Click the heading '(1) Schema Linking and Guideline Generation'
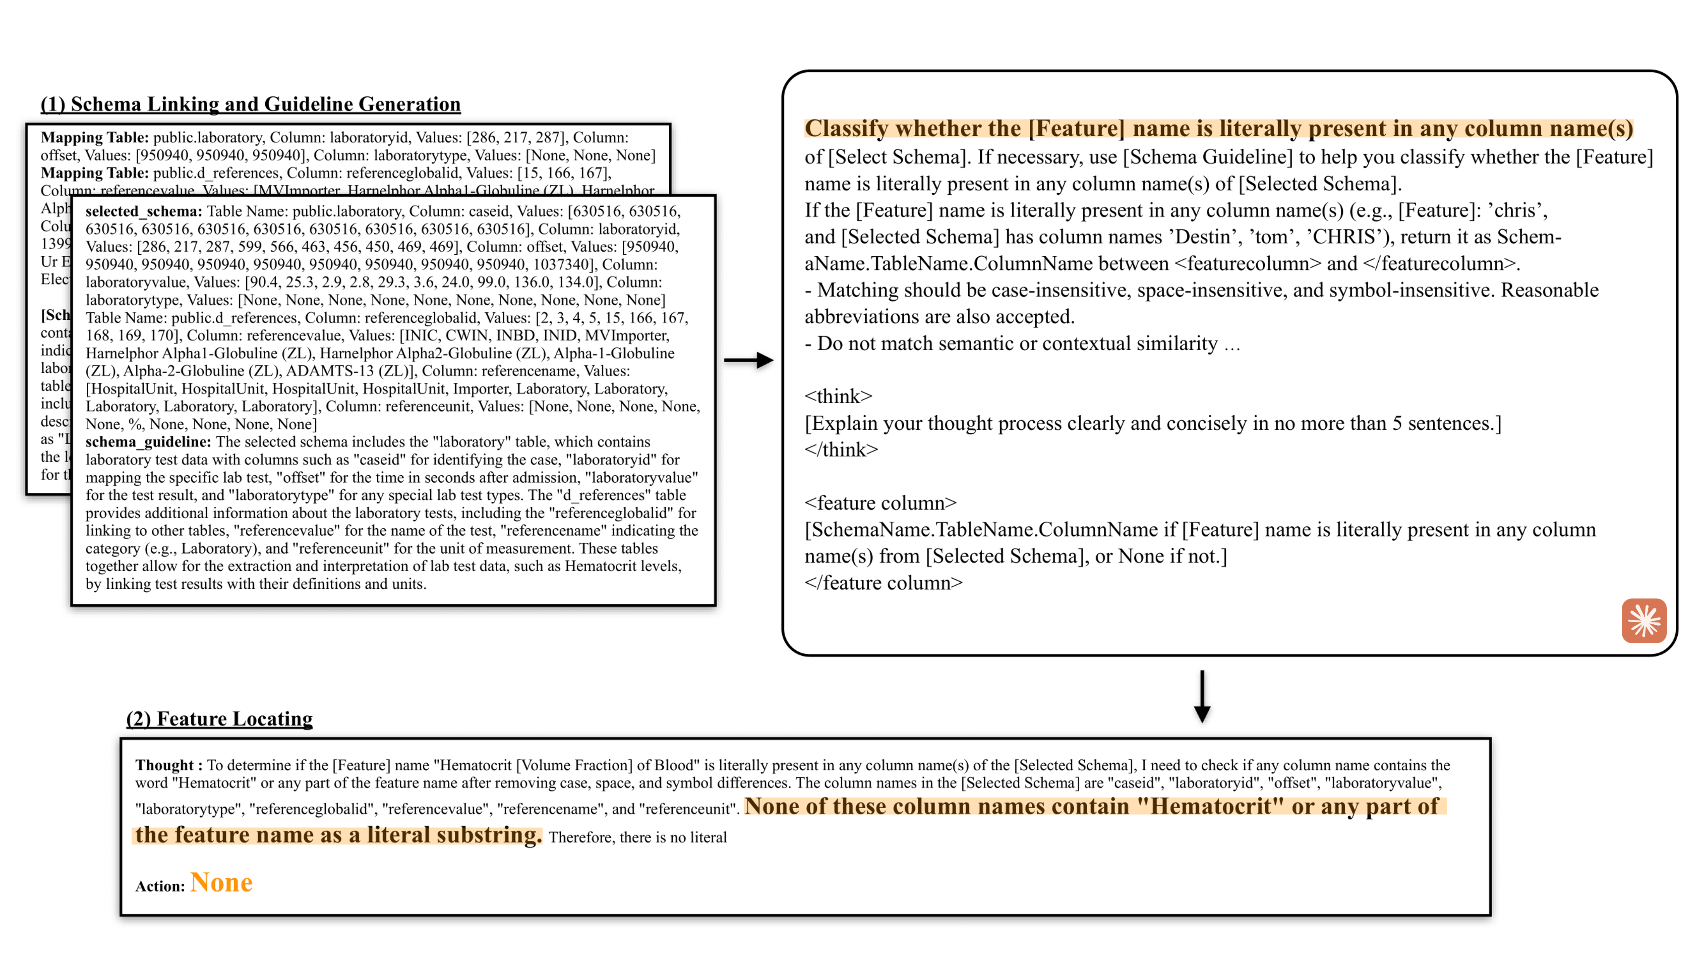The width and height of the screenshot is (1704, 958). [x=251, y=105]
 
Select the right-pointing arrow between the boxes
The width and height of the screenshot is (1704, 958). [x=748, y=360]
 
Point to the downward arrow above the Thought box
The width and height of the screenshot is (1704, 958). [x=1202, y=696]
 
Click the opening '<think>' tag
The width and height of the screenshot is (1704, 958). [x=838, y=397]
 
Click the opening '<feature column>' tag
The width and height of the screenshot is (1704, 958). [x=880, y=503]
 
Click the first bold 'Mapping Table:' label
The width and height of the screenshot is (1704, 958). [x=94, y=137]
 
